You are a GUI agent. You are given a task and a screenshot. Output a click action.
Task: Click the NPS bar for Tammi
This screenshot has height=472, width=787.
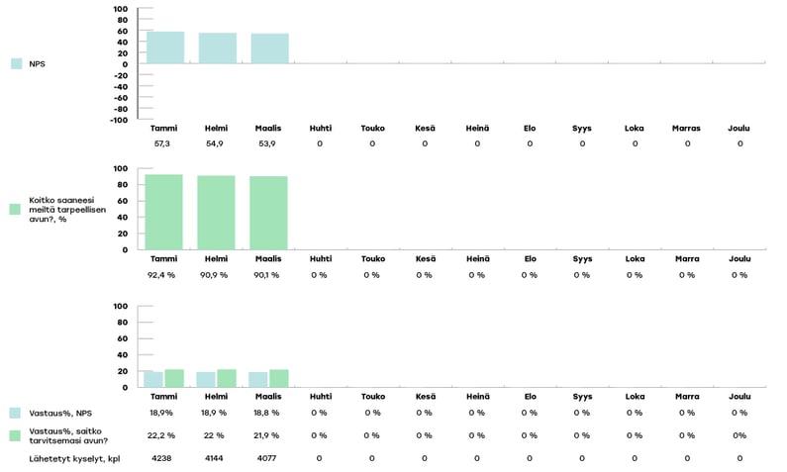point(164,47)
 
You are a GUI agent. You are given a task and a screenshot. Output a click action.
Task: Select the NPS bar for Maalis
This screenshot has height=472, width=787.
point(269,48)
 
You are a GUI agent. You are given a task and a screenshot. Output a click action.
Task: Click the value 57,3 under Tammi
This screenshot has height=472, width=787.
point(162,143)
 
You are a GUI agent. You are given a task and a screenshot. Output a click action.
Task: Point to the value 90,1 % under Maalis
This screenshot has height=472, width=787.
point(267,274)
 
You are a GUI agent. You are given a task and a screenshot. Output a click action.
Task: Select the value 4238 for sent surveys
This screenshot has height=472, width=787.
point(162,458)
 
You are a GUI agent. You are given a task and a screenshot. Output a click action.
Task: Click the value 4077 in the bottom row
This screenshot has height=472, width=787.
point(267,458)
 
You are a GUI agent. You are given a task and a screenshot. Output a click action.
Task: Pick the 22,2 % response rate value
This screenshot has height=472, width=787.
point(162,435)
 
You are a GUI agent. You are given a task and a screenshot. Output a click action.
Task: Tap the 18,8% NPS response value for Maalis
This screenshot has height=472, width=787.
point(267,412)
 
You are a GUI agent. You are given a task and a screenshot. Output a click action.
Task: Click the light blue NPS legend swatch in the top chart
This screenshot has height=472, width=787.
point(16,63)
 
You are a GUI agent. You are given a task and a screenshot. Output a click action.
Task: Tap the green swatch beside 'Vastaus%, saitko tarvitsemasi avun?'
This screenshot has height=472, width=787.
point(16,435)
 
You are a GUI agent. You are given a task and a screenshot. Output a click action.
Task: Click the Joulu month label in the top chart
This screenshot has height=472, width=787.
point(738,128)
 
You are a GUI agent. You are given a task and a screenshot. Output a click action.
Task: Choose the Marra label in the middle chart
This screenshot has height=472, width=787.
point(686,258)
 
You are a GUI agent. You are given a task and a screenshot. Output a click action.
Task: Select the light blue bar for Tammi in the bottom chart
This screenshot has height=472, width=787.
point(153,379)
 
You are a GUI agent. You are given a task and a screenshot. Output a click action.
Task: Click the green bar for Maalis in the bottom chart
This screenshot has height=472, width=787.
point(278,378)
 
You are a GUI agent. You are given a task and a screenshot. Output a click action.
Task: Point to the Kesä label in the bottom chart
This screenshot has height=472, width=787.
point(424,396)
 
